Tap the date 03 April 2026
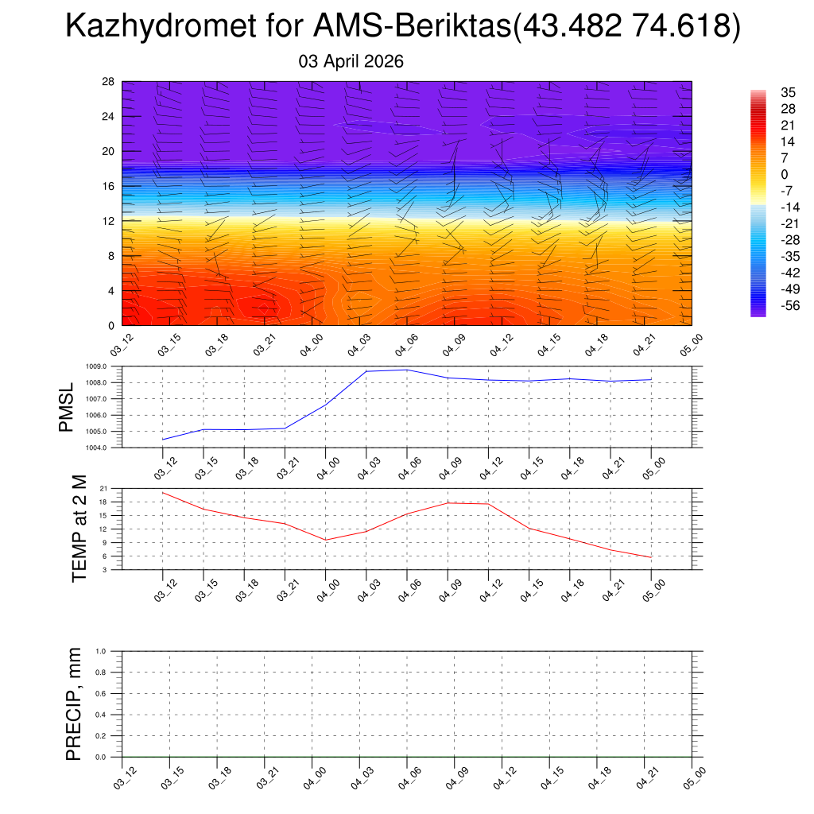351,61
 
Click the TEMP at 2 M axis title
79,529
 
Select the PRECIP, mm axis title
74,704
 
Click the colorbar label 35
766,93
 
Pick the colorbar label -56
768,305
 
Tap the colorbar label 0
762,175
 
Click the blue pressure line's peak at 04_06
407,370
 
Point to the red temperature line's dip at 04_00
326,540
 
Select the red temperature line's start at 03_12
163,493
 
